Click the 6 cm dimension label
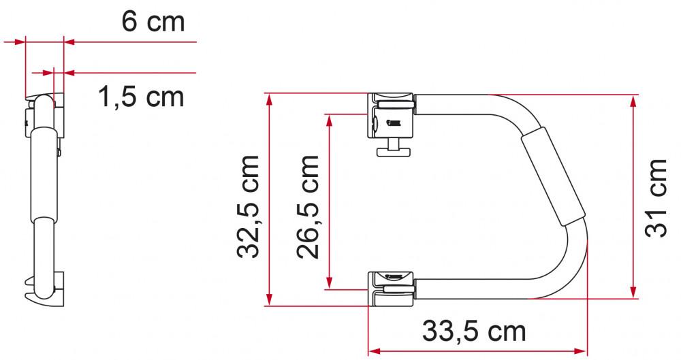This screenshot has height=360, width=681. pos(153,22)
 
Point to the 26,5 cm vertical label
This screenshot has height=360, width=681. pos(308,207)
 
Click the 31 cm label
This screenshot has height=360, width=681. pos(656,197)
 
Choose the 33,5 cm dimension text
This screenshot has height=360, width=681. pos(474,331)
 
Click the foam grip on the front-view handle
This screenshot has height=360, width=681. pos(552,179)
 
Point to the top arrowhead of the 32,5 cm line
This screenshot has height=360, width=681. pos(270,99)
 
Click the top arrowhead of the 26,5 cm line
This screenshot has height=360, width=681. pos(330,120)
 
